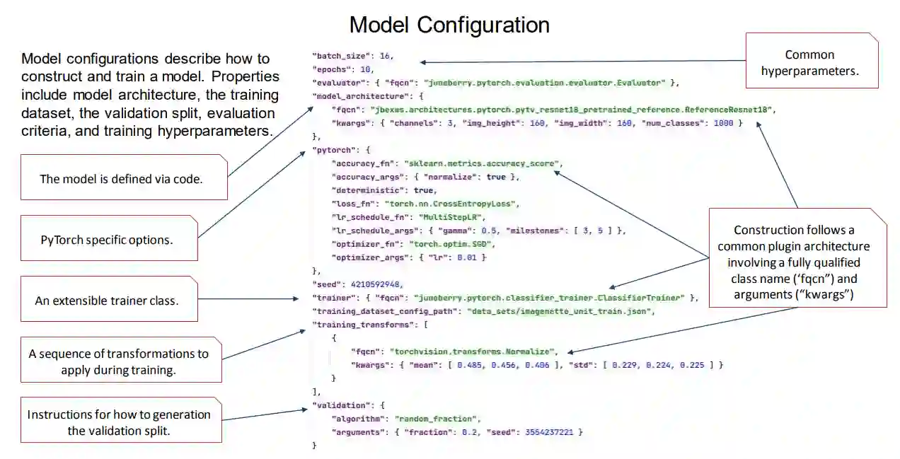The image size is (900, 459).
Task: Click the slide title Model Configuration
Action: (449, 25)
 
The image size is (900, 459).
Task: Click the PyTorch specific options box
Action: (107, 240)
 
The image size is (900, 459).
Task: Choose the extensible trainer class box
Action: (106, 301)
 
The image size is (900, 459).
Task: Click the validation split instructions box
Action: (119, 422)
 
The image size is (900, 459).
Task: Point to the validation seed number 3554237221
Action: (550, 431)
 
